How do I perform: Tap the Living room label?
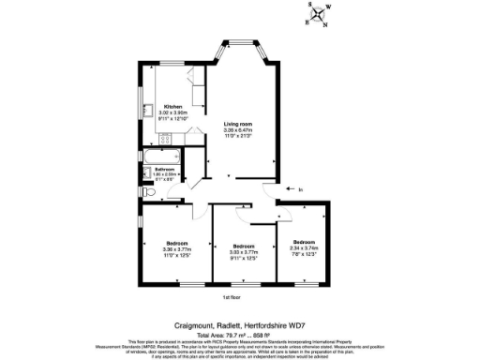(238, 124)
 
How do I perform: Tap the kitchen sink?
(148, 112)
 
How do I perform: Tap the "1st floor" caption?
(232, 298)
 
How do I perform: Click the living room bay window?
(245, 44)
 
